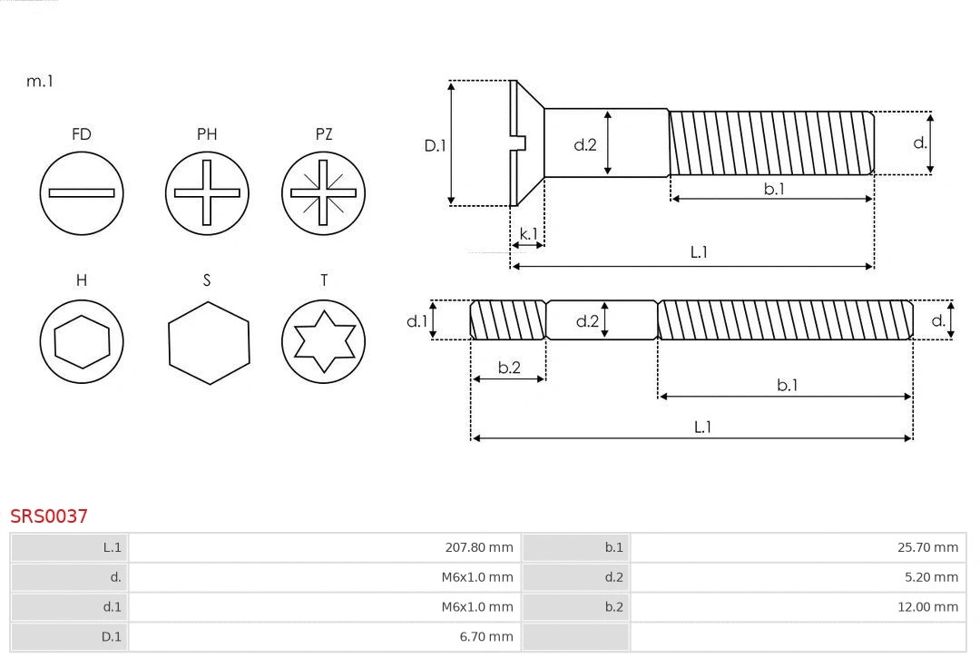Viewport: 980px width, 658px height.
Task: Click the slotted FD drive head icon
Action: [82, 192]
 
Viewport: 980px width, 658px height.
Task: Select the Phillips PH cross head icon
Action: [207, 192]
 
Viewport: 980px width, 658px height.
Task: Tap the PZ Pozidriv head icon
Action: [323, 192]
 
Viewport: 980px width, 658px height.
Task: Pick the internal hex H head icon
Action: [82, 342]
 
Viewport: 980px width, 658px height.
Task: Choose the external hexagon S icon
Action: [209, 343]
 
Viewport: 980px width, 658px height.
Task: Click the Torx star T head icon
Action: [323, 342]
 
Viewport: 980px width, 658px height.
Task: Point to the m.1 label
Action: [40, 81]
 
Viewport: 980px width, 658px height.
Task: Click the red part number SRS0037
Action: [49, 516]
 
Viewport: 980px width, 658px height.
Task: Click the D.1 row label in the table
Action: [111, 637]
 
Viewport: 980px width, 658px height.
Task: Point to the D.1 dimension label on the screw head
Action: [436, 145]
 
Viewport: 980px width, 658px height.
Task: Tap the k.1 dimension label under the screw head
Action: [528, 234]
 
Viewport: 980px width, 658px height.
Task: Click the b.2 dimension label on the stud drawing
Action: [509, 368]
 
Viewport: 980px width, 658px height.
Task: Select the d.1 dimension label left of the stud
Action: [416, 320]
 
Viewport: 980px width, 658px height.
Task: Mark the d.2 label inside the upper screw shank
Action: [585, 144]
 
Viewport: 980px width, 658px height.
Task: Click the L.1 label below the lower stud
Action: [702, 427]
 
